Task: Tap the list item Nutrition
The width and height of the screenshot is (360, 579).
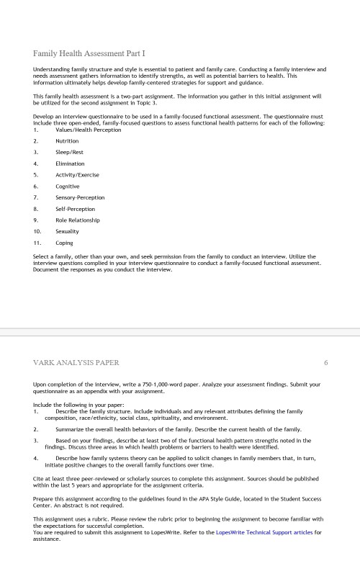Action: pyautogui.click(x=67, y=141)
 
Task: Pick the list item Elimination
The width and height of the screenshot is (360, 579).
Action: pyautogui.click(x=70, y=163)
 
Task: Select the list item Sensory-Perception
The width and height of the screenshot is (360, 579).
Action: pyautogui.click(x=80, y=197)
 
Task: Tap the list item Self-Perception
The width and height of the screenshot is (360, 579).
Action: pyautogui.click(x=75, y=208)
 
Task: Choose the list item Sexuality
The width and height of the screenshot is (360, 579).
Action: pyautogui.click(x=67, y=231)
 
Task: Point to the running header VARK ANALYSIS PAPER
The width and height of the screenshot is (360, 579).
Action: pyautogui.click(x=76, y=362)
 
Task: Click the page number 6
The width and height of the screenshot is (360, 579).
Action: pyautogui.click(x=325, y=362)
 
